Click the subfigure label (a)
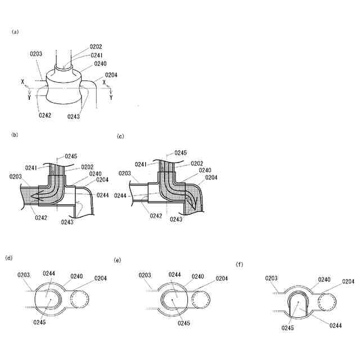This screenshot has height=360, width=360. [16, 32]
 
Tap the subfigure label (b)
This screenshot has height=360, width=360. [16, 135]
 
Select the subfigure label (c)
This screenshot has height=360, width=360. [120, 136]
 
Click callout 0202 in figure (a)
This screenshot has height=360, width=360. [96, 47]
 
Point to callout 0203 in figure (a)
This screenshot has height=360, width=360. [36, 54]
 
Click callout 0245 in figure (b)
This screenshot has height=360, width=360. [71, 156]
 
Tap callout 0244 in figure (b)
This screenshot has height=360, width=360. [103, 195]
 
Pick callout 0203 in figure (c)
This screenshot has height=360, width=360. [125, 174]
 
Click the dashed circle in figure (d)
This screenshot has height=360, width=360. [83, 298]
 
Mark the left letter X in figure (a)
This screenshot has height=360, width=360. [22, 82]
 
